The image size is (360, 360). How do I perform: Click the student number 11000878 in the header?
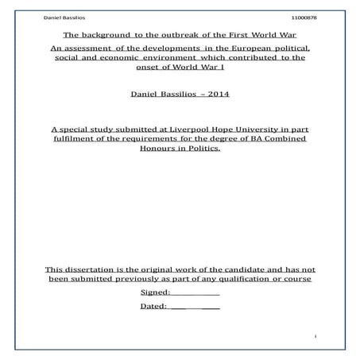(304, 17)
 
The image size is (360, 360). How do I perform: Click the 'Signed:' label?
(155, 292)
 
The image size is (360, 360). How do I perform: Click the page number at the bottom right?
(315, 337)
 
